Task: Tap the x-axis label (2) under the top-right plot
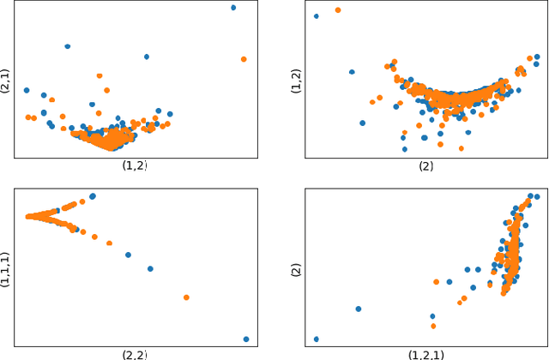(425, 166)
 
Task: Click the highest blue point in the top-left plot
(233, 8)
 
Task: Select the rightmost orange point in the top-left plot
(244, 59)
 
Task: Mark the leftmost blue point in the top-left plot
(27, 90)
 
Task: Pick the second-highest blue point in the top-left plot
(68, 46)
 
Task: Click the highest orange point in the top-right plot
(338, 10)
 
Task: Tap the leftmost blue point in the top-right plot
(317, 15)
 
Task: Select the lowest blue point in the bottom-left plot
(246, 339)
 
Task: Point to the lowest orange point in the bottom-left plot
(186, 297)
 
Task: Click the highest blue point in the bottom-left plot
(93, 196)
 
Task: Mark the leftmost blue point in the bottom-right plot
(317, 339)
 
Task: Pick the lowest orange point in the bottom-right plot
(433, 326)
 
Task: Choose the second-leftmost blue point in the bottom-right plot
(359, 309)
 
